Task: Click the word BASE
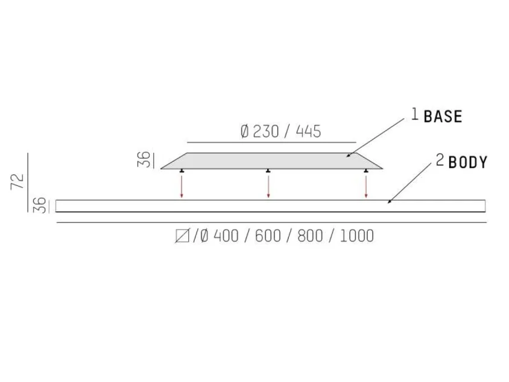(443, 116)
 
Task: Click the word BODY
(468, 162)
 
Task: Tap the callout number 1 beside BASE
(415, 115)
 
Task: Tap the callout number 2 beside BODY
(440, 160)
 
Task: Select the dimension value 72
(17, 182)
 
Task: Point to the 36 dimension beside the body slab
(40, 205)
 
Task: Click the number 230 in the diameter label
(266, 132)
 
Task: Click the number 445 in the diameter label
(308, 132)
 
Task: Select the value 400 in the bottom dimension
(226, 236)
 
